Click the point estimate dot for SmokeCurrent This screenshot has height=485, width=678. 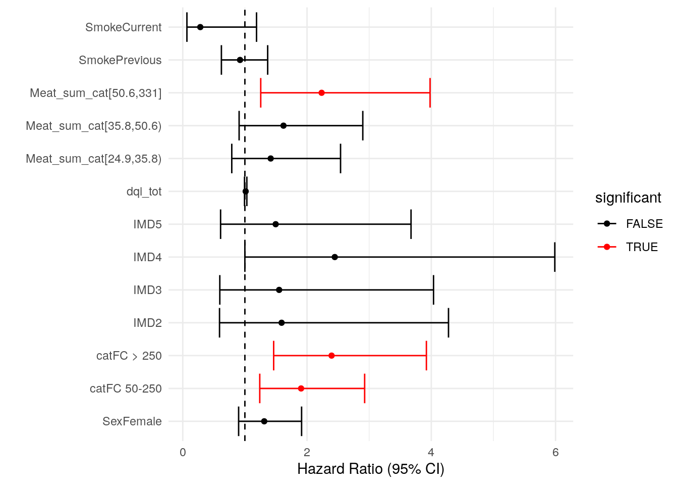coord(200,27)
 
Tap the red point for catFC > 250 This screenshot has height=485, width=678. coord(331,356)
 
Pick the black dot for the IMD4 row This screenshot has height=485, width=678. coord(335,257)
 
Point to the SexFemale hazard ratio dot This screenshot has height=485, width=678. coord(264,421)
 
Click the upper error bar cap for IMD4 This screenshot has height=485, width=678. coord(554,257)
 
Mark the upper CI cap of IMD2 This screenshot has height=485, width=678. coord(448,323)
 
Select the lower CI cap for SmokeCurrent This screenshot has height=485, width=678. coord(187,27)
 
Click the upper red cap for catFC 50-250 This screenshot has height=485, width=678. coord(364,389)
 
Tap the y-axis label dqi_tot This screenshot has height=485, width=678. coord(144,191)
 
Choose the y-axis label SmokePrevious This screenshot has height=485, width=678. coord(120,60)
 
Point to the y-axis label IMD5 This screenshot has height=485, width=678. coord(147,224)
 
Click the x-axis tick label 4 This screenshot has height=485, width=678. coord(431,453)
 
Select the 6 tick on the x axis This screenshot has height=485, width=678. coord(555,453)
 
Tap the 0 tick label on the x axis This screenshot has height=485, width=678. coord(183,453)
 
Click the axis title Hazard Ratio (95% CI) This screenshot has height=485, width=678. coord(371,469)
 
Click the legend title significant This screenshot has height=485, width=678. coord(628,198)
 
